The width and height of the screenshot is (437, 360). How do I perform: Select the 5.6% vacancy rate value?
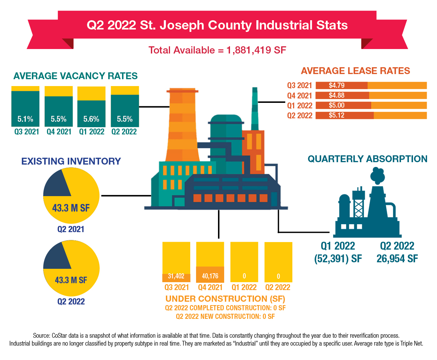click(91, 119)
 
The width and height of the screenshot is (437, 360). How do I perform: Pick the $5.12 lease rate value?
click(337, 115)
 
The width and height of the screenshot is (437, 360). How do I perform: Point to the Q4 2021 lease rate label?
click(300, 96)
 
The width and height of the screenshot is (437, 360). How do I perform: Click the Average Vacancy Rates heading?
click(75, 76)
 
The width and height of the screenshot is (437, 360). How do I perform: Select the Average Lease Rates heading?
click(355, 71)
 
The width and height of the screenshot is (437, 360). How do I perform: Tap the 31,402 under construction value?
click(176, 276)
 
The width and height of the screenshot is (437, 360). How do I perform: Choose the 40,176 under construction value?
click(210, 276)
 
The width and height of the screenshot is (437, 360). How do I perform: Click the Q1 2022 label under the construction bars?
click(244, 287)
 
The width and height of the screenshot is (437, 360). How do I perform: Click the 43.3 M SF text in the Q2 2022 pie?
click(71, 280)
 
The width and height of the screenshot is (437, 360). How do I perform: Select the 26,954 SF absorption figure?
click(397, 259)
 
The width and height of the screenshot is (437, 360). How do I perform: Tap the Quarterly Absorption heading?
click(367, 159)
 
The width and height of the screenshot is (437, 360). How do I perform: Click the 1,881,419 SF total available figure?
click(256, 50)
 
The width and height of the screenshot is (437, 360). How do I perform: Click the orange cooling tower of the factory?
click(182, 127)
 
